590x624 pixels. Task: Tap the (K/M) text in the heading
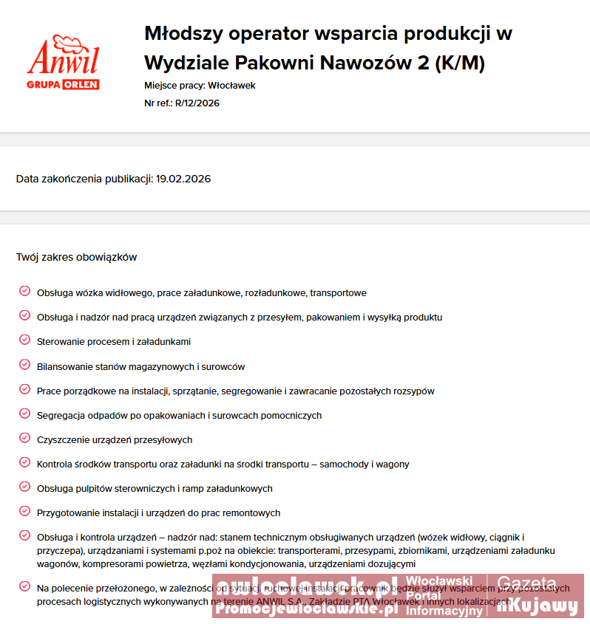[x=460, y=64]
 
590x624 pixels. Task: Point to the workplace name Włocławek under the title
[x=231, y=86]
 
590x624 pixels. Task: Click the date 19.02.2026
[x=183, y=179]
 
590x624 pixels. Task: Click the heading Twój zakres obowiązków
[x=76, y=257]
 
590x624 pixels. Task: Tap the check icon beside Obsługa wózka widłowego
[x=24, y=292]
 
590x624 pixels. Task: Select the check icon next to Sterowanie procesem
[x=24, y=340]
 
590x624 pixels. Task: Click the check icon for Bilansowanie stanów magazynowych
[x=24, y=365]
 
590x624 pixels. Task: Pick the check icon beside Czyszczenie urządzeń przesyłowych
[x=24, y=438]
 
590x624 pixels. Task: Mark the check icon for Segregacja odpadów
[x=24, y=414]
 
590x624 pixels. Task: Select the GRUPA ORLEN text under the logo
[x=63, y=85]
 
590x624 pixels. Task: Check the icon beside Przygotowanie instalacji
[x=24, y=511]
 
